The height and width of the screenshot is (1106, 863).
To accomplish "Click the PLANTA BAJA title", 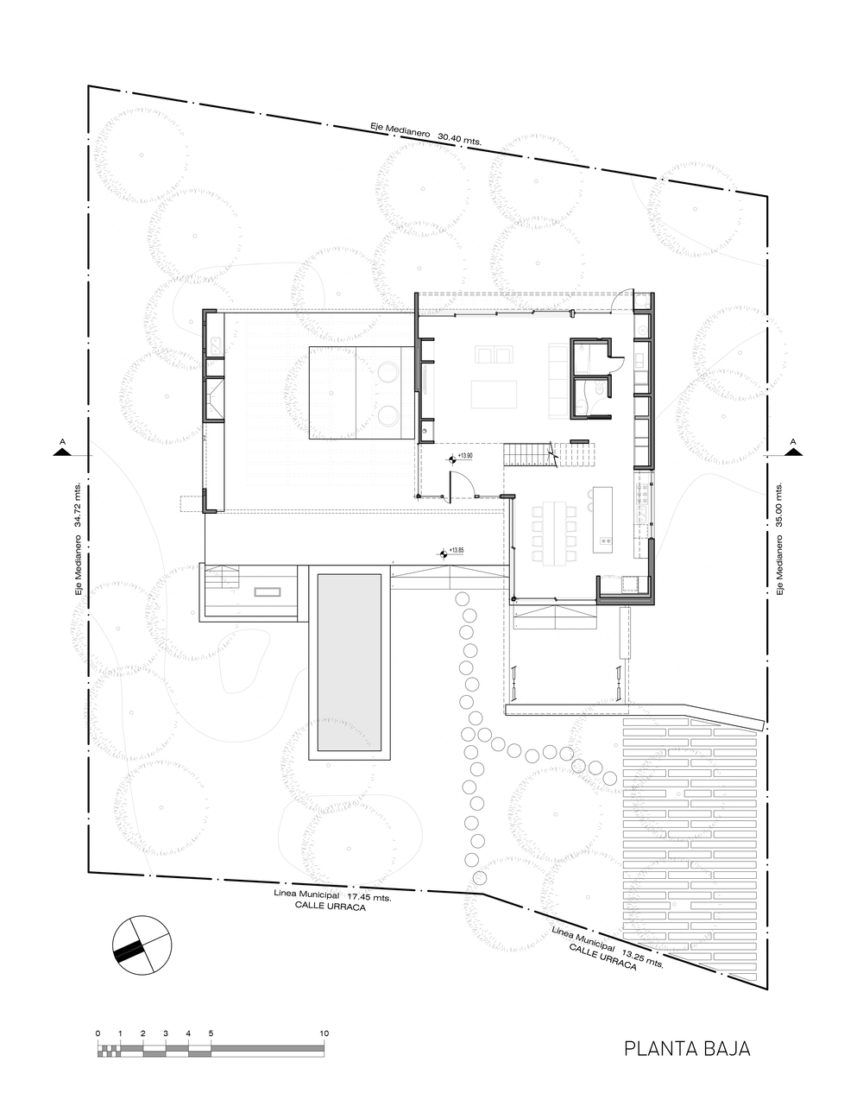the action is pos(687,1048).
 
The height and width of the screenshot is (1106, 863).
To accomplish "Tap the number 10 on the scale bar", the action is pos(324,1033).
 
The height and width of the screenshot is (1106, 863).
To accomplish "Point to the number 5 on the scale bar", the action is pos(211,1033).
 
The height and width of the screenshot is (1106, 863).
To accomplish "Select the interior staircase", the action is pos(549,454).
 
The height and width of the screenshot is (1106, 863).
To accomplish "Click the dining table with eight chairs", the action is pos(554,534).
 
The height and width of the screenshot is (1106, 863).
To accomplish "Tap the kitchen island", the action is pos(602,520).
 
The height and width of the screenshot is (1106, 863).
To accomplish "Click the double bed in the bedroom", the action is pos(362,393).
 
